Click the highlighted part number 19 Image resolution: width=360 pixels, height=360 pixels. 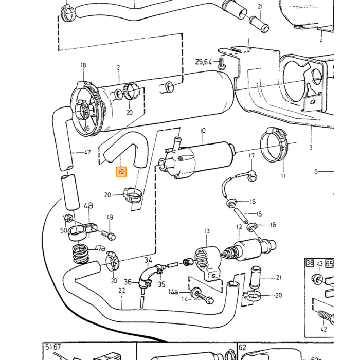point(121,171)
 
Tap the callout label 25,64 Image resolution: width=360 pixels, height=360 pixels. point(204,62)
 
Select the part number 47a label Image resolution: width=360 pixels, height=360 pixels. point(100,248)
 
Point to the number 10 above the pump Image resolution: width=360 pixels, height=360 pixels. point(203,131)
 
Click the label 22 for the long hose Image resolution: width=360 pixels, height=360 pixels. point(122,291)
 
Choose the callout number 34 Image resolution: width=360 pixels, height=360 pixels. point(148,260)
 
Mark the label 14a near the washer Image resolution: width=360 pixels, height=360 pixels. point(173,292)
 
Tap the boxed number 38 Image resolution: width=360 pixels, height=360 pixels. point(310,263)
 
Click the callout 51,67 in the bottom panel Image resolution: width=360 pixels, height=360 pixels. point(53,347)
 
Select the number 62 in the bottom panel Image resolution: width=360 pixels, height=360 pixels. point(242,347)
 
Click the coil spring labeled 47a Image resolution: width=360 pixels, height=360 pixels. point(80,254)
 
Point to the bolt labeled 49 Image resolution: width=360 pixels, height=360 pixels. point(108,235)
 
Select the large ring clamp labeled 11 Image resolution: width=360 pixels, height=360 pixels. point(274,145)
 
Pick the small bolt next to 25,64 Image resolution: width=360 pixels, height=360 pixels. point(222,64)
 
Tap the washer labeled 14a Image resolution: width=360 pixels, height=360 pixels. point(195,293)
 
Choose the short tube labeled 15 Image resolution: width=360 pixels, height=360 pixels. point(240,215)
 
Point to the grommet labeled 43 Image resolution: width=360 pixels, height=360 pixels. point(317,279)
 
